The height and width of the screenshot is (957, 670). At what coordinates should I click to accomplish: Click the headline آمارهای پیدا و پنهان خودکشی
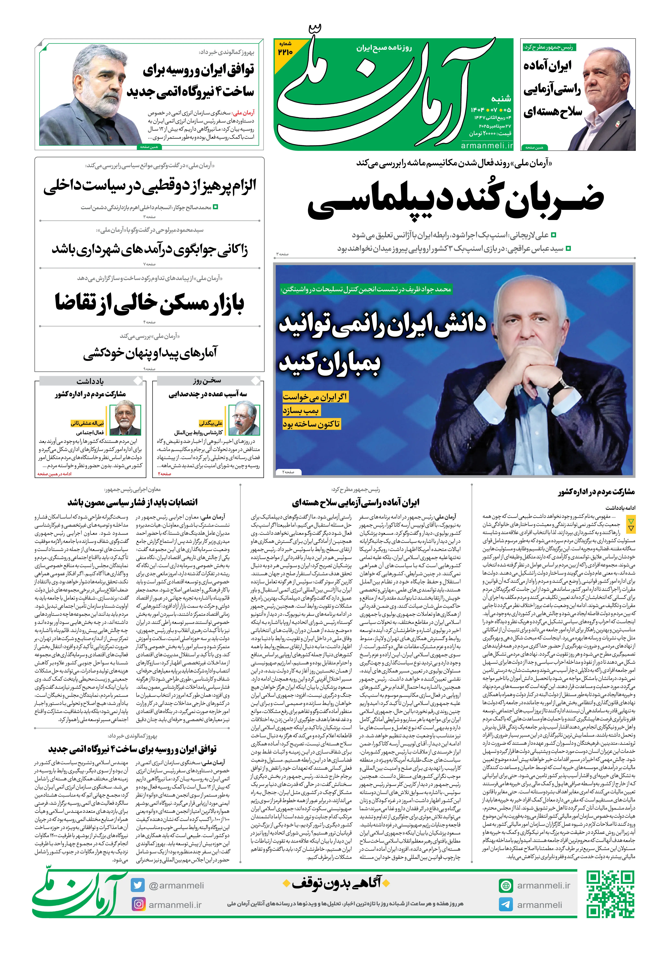tap(150, 353)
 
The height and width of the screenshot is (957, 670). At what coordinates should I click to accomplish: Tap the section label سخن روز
tap(207, 381)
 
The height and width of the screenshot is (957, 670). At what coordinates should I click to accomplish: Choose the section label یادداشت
tap(90, 381)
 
